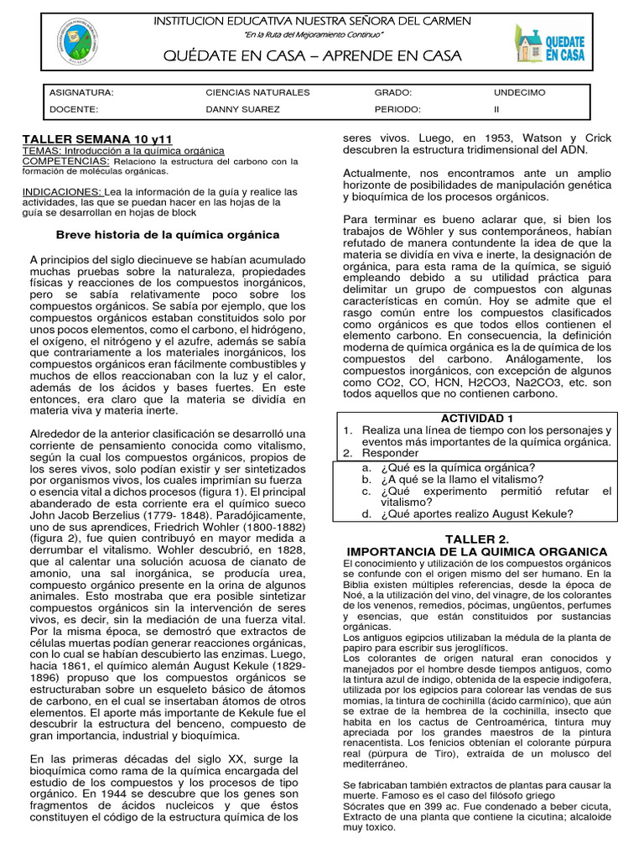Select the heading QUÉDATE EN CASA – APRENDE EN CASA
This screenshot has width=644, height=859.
point(313,56)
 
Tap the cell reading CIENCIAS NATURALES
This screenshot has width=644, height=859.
point(257,92)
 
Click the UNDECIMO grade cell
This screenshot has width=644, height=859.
point(519,92)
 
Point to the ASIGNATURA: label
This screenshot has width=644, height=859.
point(81,92)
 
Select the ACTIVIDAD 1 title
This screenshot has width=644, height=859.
point(476,418)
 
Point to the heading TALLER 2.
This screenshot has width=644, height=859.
point(476,537)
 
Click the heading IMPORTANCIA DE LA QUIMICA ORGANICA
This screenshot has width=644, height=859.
point(476,550)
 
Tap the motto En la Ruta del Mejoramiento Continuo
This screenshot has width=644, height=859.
point(313,34)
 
